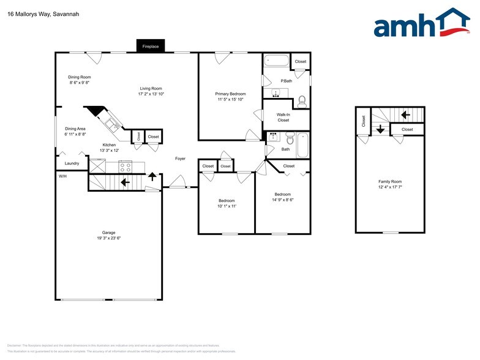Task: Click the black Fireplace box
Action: coord(151,47)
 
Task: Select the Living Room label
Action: coord(151,88)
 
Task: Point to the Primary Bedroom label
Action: coord(230,94)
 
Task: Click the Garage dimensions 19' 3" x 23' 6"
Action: coord(109,238)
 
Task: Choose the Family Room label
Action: coord(390,182)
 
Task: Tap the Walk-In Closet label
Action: coord(283,117)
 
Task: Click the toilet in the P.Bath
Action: coord(301,101)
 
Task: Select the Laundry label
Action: coord(72,163)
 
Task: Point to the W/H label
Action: coord(62,176)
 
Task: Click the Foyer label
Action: coord(180,159)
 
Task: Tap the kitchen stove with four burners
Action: coord(125,166)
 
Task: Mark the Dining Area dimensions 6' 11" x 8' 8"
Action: coord(75,134)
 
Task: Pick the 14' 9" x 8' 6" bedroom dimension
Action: coord(283,200)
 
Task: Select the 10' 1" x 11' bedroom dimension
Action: coord(227,206)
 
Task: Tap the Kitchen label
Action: coord(109,144)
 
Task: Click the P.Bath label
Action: coord(286,81)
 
